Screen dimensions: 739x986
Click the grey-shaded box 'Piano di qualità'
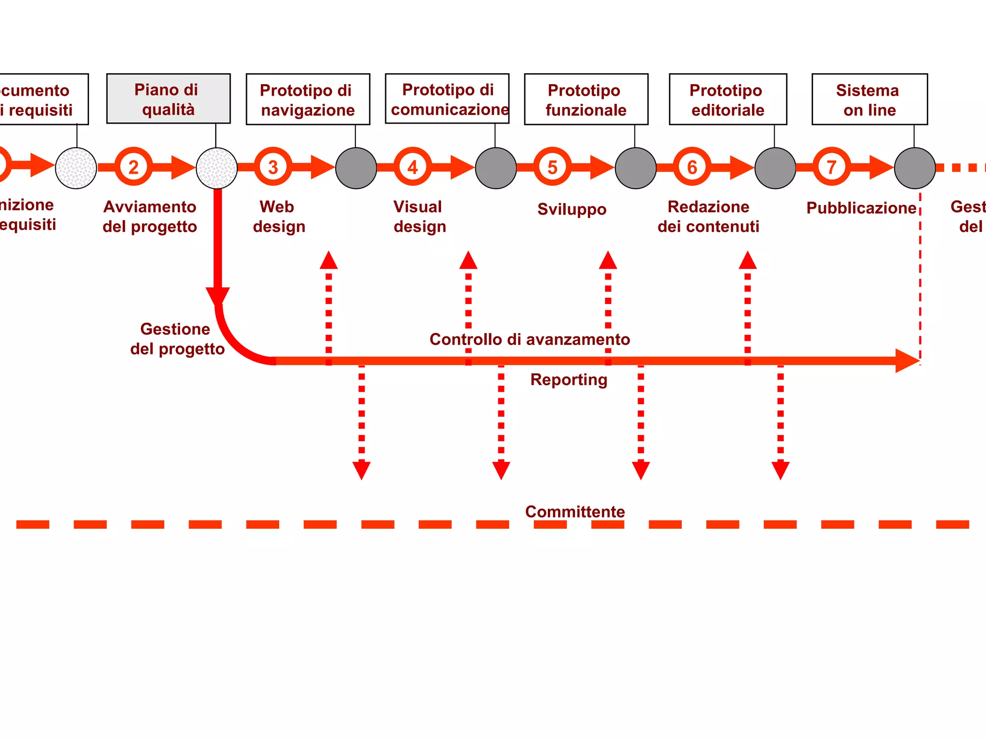coord(168,99)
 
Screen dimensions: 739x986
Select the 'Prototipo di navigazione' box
coord(308,100)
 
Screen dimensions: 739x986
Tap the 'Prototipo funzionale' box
coord(586,100)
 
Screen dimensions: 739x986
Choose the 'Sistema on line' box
coord(869,100)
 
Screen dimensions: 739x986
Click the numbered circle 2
coord(133,167)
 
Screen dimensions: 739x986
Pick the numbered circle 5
coord(552,167)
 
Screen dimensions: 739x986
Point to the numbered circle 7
coord(831,167)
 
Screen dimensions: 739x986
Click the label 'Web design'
coord(279,217)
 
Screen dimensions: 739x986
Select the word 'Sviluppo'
coord(571,209)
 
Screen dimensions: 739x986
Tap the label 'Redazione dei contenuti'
coord(708,217)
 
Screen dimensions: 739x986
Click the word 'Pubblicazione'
coord(861,208)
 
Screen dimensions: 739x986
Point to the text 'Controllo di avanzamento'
coord(530,339)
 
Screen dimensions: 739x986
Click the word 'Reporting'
coord(569,380)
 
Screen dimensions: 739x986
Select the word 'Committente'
coord(575,511)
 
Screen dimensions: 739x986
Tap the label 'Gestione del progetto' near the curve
coord(177,339)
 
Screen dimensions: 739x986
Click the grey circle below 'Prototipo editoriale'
coord(775,168)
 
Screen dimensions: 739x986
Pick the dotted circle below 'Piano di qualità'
coord(217,168)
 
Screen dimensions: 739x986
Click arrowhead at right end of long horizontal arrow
coord(907,361)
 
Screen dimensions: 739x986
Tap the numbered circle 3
coord(273,167)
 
